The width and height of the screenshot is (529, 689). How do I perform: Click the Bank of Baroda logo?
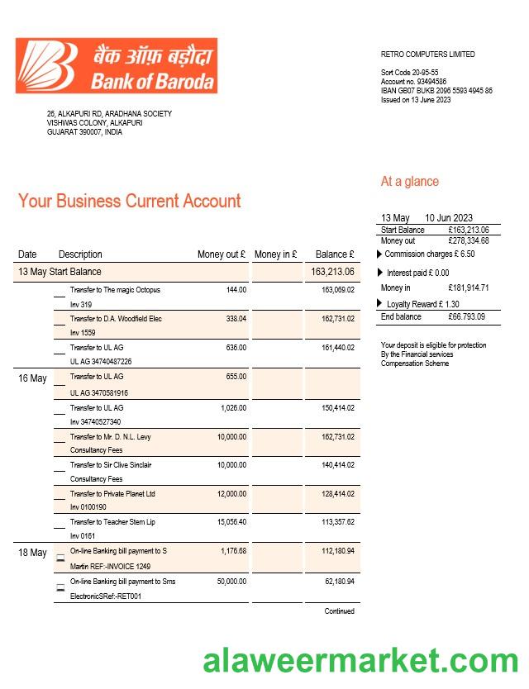pos(117,64)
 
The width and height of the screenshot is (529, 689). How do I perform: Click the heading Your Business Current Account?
pos(130,201)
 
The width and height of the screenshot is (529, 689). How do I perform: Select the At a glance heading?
pos(409,182)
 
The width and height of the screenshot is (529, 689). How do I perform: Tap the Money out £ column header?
pos(222,254)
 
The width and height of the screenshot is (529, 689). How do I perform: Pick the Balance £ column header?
pos(335,254)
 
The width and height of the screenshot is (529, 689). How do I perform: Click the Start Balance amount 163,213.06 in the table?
pos(333,272)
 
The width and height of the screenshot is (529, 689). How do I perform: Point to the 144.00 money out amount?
pos(236,290)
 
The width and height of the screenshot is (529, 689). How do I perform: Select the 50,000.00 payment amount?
pos(231,582)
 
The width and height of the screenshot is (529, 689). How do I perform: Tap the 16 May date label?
pos(32,378)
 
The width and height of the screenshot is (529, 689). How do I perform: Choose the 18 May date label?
pos(32,553)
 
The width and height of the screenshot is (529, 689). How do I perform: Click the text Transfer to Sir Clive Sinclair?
pos(110,465)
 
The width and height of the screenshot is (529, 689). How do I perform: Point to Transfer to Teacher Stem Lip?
pos(112,522)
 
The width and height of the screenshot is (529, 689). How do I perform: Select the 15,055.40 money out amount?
pos(231,522)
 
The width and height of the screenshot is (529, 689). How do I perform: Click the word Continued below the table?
pos(339,611)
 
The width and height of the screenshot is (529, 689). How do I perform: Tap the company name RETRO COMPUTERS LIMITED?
pos(427,55)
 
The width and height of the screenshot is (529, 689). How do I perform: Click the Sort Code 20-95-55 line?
pos(409,73)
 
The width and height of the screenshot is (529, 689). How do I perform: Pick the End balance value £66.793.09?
pos(467,316)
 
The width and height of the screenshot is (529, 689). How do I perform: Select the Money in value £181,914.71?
pos(468,287)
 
